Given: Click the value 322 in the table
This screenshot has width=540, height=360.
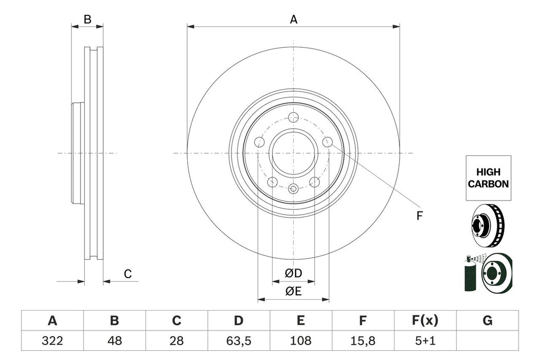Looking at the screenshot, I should tap(52, 340).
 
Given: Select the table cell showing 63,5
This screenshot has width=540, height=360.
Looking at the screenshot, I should tap(238, 340).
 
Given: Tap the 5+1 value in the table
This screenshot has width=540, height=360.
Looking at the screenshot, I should tap(425, 340).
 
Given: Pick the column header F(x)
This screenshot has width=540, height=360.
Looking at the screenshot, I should tap(425, 321).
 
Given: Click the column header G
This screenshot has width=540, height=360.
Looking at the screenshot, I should tap(488, 321).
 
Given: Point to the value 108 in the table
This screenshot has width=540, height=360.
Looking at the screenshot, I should tap(301, 340).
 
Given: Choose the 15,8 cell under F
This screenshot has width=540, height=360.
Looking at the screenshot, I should tap(363, 340).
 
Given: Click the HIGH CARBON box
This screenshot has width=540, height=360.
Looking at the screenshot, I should tap(489, 178).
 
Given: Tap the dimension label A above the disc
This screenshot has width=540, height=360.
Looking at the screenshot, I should tap(294, 20).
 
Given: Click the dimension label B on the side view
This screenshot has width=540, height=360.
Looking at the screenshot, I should tap(87, 20).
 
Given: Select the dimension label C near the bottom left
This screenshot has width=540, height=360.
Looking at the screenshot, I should tap(128, 275).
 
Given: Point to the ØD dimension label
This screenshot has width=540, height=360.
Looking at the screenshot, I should tap(293, 273).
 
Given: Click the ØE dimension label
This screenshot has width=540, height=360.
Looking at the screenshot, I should tap(293, 291).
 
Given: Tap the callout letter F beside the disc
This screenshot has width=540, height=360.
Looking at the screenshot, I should tap(419, 217).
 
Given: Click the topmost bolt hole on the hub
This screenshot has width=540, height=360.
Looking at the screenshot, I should tap(294, 117).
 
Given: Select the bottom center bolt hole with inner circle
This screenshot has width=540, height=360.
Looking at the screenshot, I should tap(294, 189).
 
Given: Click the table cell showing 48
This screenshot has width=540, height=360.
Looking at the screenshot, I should tap(114, 340).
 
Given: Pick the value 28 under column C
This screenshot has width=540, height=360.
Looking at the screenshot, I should tap(176, 340).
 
